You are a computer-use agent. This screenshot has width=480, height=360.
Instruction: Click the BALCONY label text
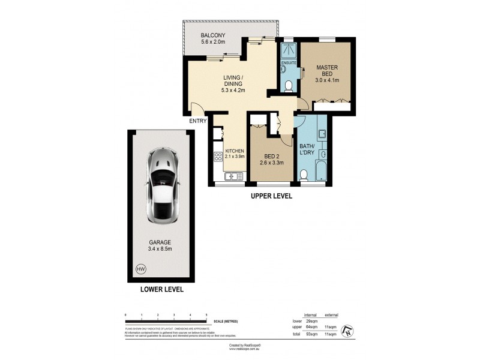[x=212, y=35]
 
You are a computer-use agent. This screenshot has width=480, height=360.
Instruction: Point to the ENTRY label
[x=198, y=121]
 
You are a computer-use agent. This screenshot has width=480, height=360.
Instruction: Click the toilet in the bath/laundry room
[x=304, y=175]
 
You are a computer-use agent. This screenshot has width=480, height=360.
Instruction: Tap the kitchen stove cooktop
[x=217, y=157]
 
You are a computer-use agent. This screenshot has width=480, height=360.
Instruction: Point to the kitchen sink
[x=233, y=176]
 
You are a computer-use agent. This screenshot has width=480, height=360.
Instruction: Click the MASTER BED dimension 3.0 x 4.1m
[x=328, y=80]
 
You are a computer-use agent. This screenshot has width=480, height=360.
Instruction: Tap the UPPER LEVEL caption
[x=271, y=196]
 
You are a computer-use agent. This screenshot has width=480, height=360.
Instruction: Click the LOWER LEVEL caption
[x=162, y=290]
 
